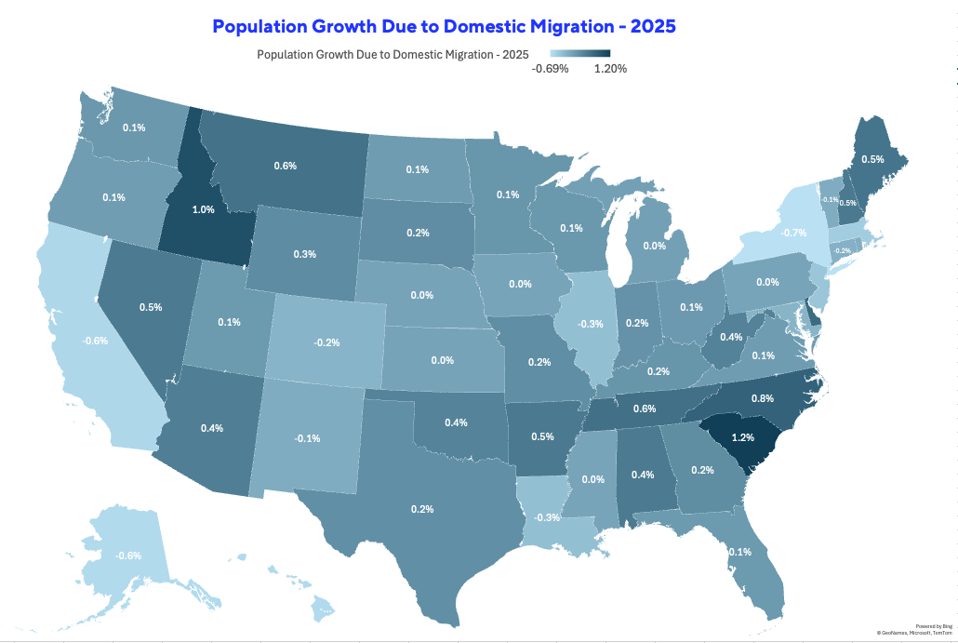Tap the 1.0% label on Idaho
click(x=204, y=209)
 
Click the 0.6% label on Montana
click(x=285, y=166)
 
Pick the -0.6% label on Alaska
click(x=128, y=556)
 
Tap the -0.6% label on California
click(x=96, y=341)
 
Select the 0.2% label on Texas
click(x=422, y=510)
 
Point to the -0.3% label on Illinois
click(x=592, y=324)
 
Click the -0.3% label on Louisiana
click(x=546, y=517)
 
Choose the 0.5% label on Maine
click(x=872, y=159)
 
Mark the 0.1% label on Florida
click(x=740, y=552)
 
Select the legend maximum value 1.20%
click(x=611, y=69)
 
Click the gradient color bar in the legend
click(x=580, y=53)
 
